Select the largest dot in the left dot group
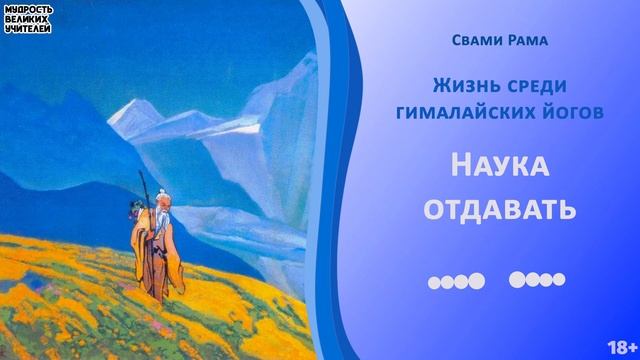[477, 280]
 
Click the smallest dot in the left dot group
[434, 281]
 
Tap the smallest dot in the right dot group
[560, 280]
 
